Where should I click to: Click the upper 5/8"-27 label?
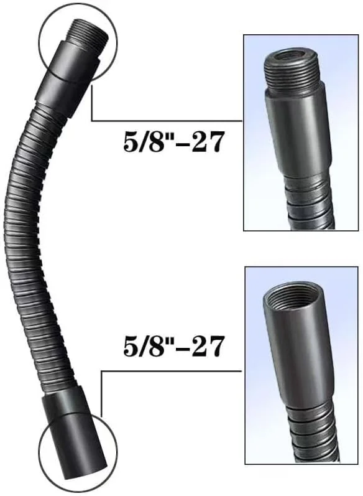pos(173,143)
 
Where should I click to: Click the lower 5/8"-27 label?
pos(173,347)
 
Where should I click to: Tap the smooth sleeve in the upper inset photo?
pos(298,132)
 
